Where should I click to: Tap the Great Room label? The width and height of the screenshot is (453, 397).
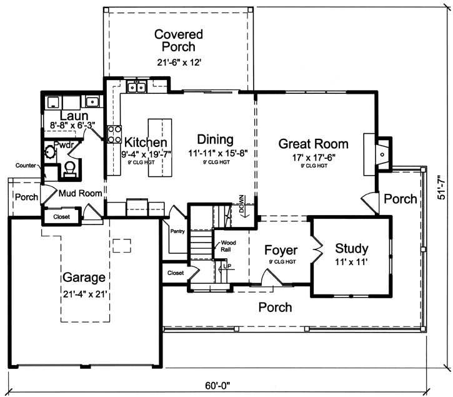314,144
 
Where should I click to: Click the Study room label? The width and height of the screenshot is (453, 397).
351,248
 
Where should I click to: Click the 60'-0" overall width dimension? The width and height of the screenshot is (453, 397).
224,385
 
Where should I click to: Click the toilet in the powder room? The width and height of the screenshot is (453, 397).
71,168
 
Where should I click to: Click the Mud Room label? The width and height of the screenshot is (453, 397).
80,194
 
